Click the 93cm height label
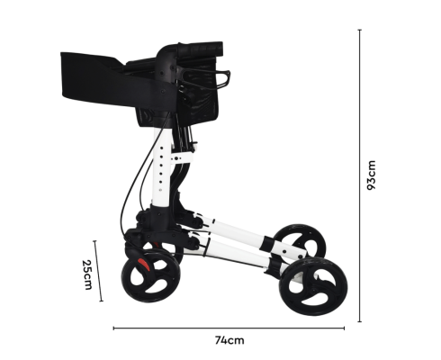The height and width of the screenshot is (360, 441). [372, 175]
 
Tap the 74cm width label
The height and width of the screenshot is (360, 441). [229, 340]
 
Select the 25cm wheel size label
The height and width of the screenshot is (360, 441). [87, 274]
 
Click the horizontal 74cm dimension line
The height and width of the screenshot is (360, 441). [229, 328]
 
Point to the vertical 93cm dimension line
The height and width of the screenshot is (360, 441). [360, 175]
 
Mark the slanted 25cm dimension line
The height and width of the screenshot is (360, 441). [98, 271]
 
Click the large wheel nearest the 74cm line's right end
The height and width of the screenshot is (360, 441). [313, 286]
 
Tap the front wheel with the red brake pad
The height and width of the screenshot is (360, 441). [151, 275]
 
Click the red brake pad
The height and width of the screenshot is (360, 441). [144, 265]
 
